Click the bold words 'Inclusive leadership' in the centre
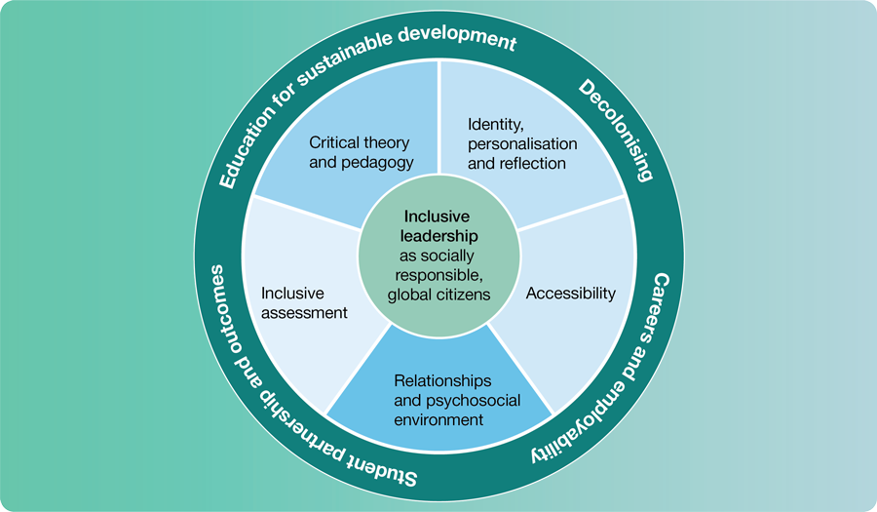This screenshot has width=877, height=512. [x=438, y=226]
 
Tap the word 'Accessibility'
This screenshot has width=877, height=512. [x=571, y=293]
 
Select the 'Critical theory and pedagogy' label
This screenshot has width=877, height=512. [x=362, y=151]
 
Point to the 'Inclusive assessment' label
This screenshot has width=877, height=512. [x=304, y=302]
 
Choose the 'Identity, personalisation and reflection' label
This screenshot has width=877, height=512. [x=522, y=143]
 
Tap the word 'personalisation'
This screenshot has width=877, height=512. [x=522, y=143]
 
